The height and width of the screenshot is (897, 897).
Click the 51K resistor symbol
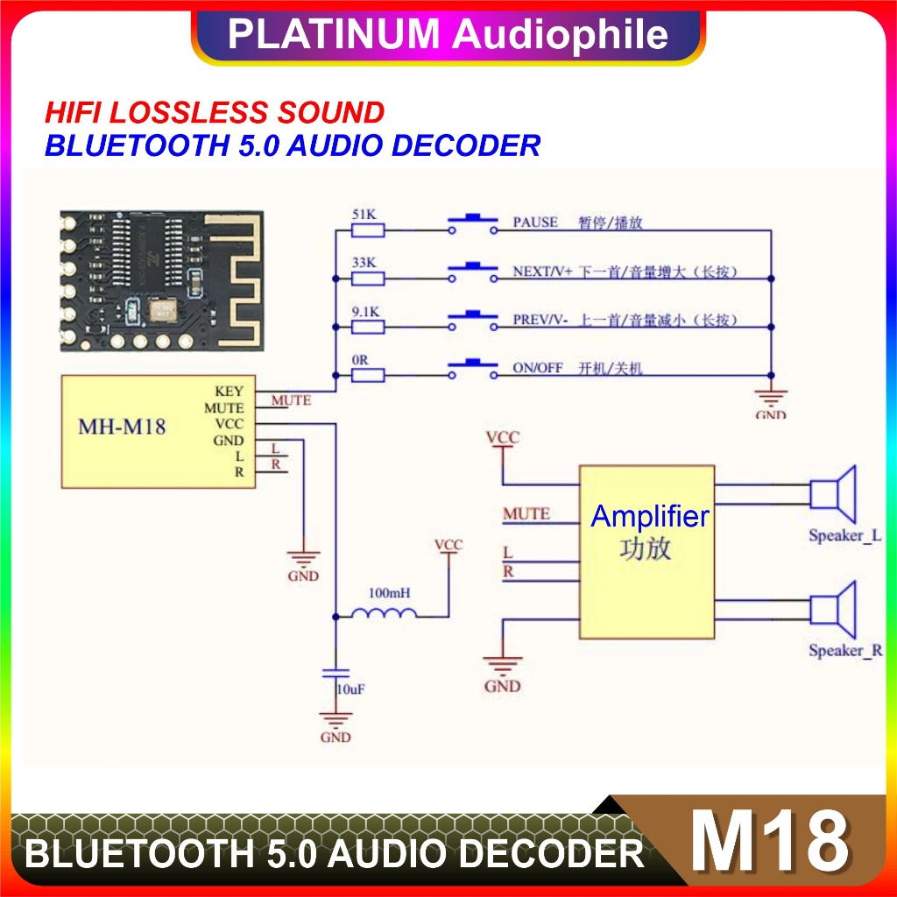coord(368,230)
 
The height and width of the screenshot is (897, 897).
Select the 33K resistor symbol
coord(368,279)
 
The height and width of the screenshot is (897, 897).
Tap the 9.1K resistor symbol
coord(368,327)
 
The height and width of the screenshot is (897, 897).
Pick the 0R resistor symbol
coord(368,375)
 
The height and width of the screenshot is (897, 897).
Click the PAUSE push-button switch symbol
coord(474,223)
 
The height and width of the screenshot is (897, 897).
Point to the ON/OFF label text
coord(538,368)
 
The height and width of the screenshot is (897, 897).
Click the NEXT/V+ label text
coord(542,272)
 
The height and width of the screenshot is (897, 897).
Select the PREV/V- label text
coord(540,321)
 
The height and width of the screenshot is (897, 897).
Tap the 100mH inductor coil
coord(384,613)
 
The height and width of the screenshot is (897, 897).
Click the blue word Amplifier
coord(649,517)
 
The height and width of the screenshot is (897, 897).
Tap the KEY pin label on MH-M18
coord(229,392)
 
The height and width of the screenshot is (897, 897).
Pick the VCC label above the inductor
coord(448,546)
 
